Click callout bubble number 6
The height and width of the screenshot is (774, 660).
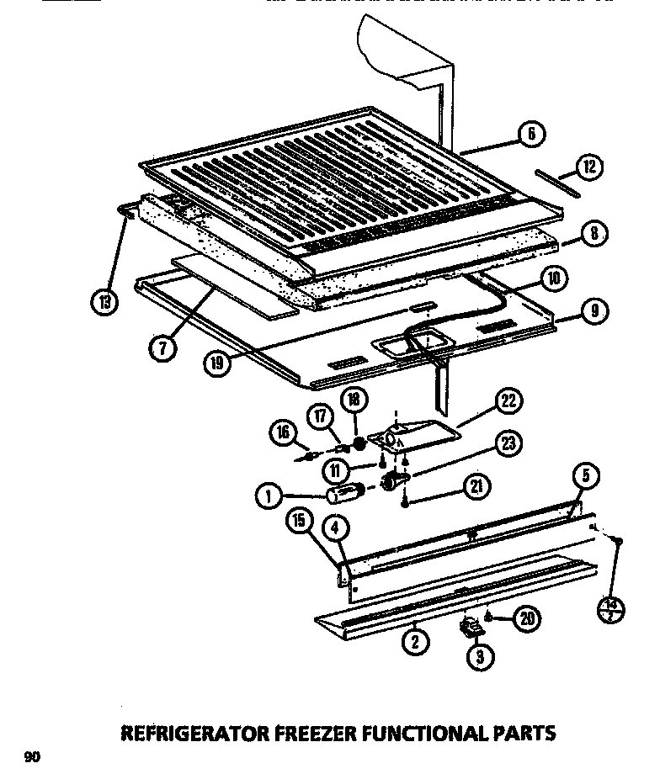pyautogui.click(x=531, y=134)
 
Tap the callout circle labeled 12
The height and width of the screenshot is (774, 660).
pyautogui.click(x=589, y=167)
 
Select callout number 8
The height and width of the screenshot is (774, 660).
pyautogui.click(x=594, y=234)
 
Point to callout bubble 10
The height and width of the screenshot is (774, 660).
pyautogui.click(x=552, y=278)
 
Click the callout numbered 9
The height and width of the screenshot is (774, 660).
pyautogui.click(x=594, y=312)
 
